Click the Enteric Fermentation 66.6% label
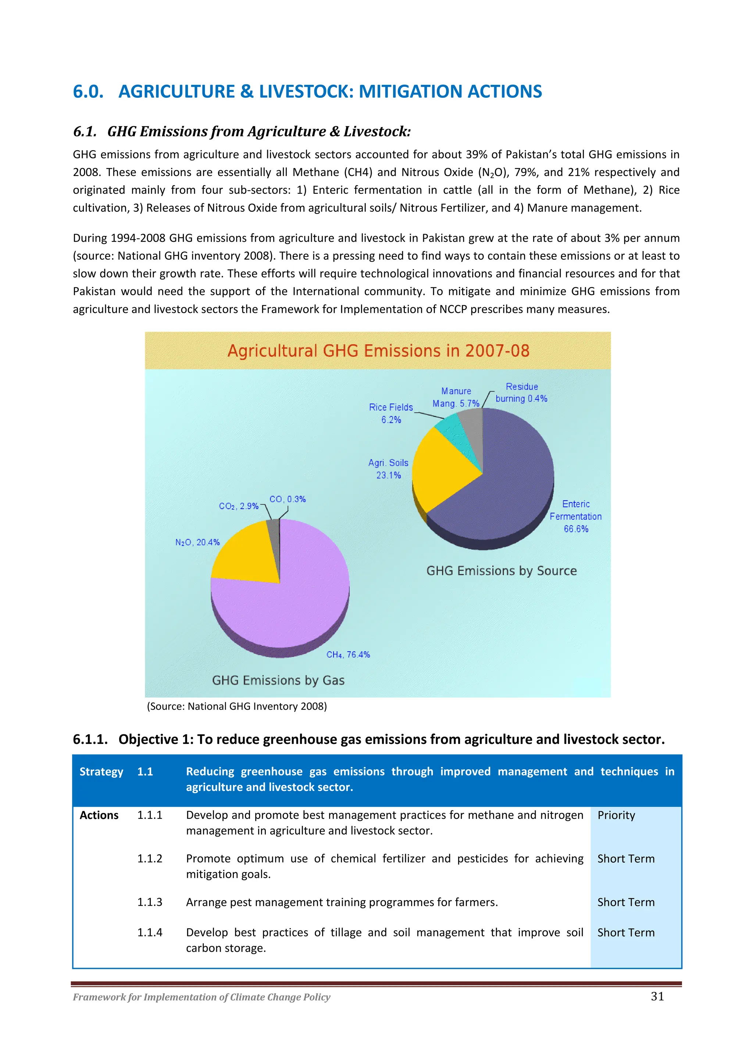[575, 516]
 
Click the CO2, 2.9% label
[238, 506]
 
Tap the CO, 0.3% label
[288, 499]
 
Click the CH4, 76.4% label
[348, 654]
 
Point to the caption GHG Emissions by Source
[501, 570]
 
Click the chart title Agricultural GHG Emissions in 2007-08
[378, 351]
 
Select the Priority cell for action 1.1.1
[616, 815]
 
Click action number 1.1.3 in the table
[150, 902]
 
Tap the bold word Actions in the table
[99, 815]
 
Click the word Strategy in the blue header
[101, 771]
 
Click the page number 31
[657, 996]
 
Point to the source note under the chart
[236, 706]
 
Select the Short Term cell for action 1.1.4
[625, 932]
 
